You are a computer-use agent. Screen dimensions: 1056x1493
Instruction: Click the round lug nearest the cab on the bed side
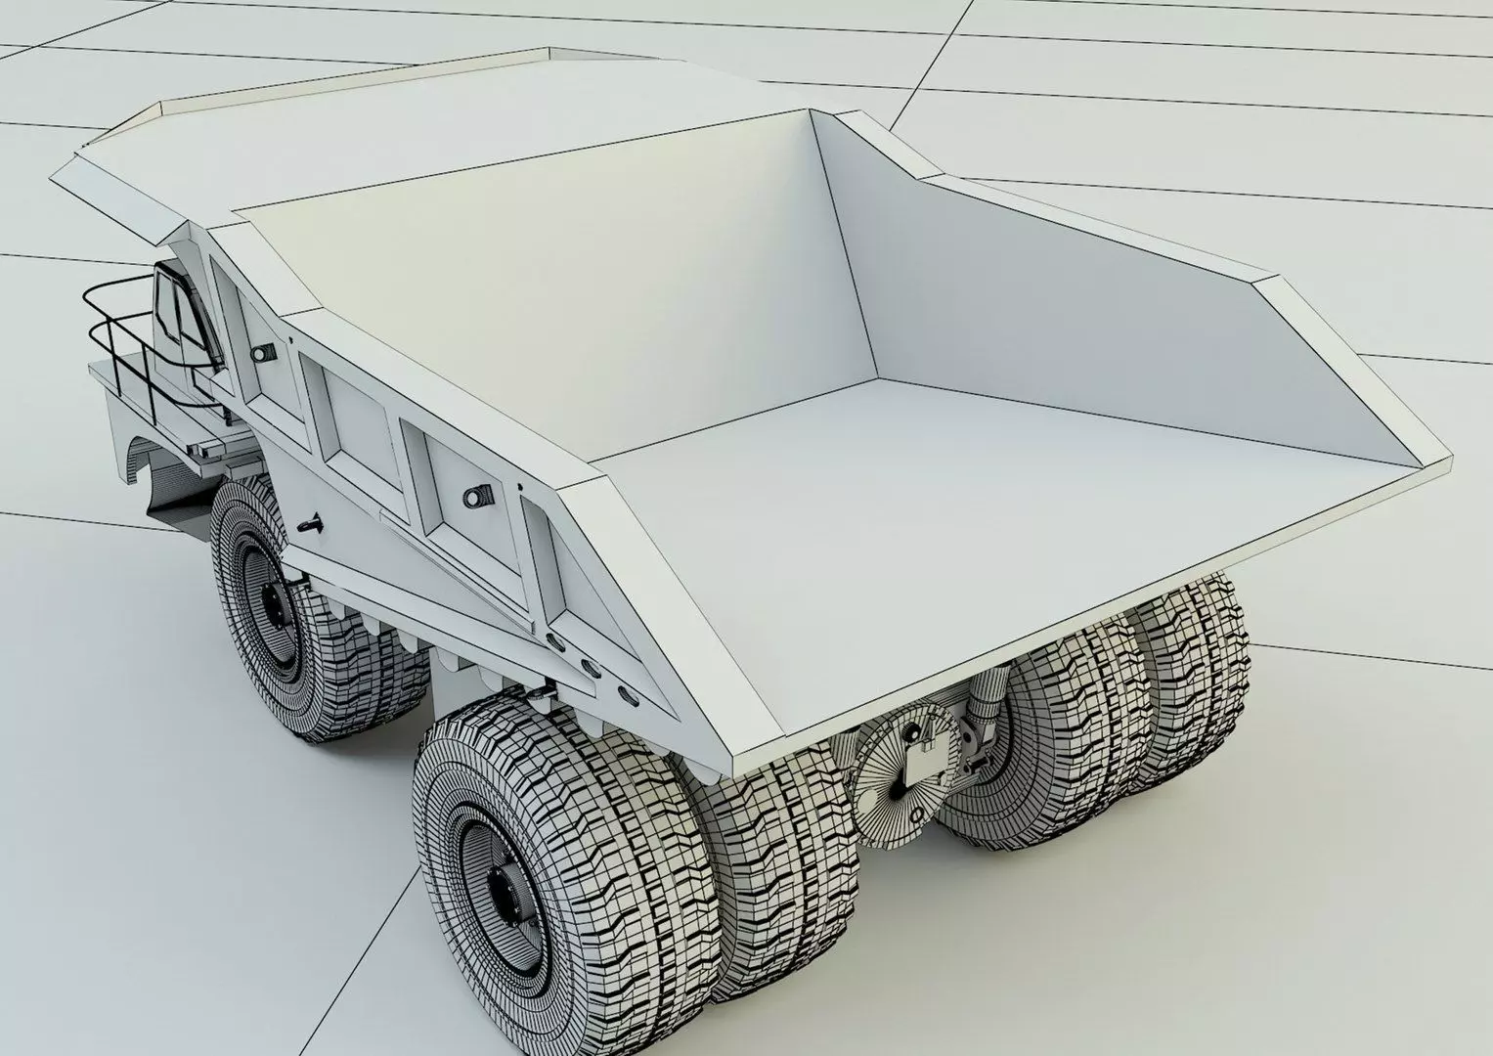point(261,353)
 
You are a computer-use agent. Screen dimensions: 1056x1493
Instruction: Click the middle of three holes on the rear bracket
point(590,669)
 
